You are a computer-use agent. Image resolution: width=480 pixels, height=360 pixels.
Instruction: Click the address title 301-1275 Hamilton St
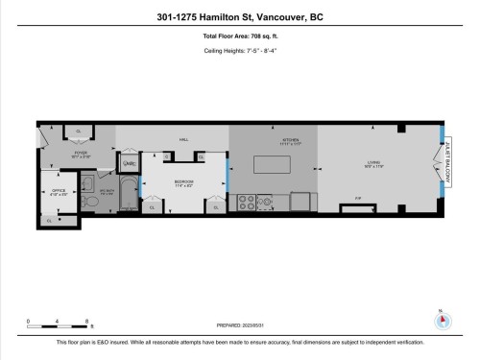(240, 15)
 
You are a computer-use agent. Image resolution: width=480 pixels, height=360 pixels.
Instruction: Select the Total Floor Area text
(240, 36)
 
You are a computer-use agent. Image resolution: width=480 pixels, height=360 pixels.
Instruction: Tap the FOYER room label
(82, 154)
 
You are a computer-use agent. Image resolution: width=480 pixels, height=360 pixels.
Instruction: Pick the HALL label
(183, 139)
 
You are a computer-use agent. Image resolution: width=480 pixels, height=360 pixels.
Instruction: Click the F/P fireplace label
(358, 199)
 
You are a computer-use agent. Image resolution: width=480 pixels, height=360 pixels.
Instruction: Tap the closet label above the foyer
(78, 131)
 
